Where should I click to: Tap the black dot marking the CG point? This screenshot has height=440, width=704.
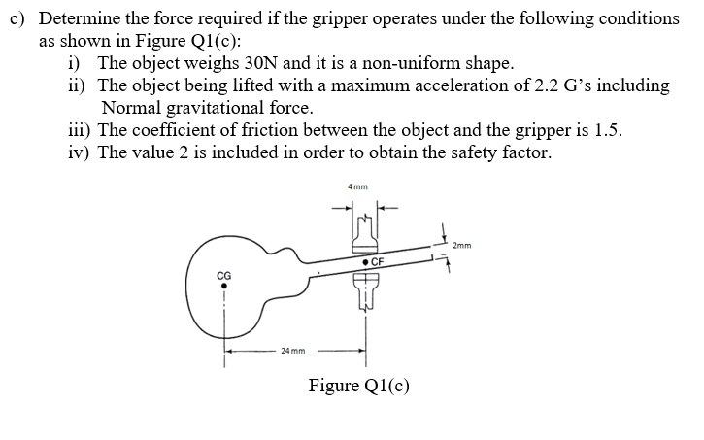224,287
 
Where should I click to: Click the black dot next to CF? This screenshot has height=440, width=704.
362,262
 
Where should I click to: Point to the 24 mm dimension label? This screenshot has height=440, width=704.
293,351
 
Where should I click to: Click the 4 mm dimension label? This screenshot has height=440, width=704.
356,187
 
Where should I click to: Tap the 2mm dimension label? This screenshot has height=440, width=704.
462,246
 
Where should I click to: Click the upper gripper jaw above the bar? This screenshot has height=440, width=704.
364,234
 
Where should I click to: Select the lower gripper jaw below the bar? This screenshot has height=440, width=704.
365,290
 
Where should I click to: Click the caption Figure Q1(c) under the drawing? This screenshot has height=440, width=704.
358,386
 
